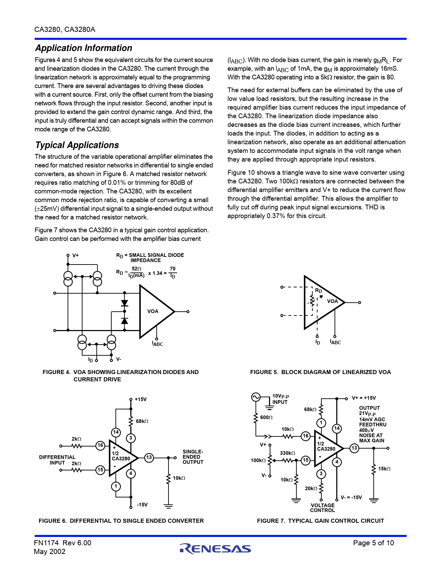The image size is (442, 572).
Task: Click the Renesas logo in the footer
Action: [x=215, y=548]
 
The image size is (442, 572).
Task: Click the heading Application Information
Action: [x=84, y=48]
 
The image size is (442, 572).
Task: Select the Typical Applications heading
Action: [x=77, y=145]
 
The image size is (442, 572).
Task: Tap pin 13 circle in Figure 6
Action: [x=149, y=458]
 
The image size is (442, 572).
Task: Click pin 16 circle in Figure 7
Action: [x=305, y=436]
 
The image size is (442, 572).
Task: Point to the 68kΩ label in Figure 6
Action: [x=142, y=421]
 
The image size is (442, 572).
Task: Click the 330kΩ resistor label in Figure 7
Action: [x=287, y=453]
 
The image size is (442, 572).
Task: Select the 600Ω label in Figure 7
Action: [x=266, y=417]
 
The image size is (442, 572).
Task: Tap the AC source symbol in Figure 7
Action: [x=256, y=397]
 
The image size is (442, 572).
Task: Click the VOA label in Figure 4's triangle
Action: [x=153, y=311]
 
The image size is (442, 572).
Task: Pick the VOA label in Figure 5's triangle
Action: [x=332, y=301]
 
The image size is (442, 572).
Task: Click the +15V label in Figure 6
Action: [x=141, y=399]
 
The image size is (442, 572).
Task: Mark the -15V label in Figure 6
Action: [x=142, y=505]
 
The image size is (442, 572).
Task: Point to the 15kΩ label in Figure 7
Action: [x=384, y=469]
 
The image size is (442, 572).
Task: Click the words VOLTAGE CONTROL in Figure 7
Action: [x=322, y=508]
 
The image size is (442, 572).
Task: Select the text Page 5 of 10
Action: [x=373, y=543]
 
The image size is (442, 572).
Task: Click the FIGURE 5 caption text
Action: [x=320, y=372]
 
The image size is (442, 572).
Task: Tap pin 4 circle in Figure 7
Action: [x=337, y=462]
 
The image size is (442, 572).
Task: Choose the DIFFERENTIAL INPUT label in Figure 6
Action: [x=57, y=460]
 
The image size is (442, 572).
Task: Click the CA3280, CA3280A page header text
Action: [x=65, y=29]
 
